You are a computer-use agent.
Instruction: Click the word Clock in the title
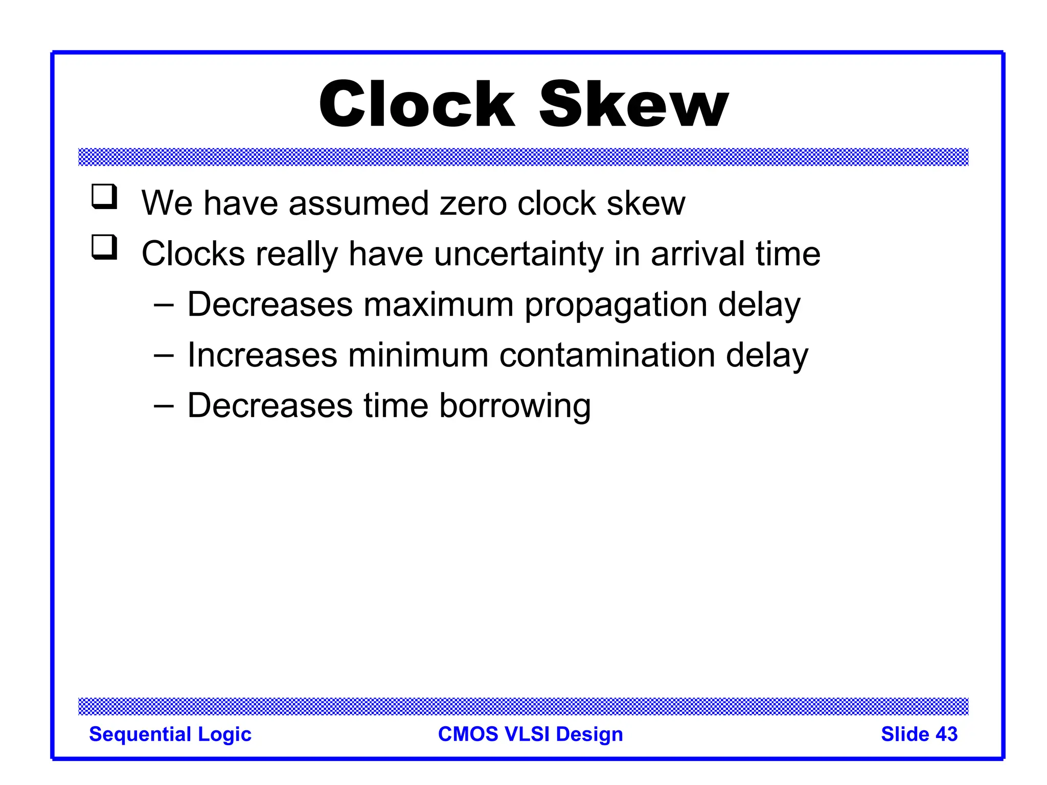(417, 105)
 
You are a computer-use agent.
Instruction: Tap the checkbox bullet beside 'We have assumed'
(104, 197)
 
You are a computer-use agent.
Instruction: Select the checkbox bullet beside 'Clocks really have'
(104, 247)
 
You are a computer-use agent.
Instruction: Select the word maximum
(438, 305)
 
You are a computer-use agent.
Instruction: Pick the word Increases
(262, 355)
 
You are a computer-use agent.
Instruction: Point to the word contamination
(607, 355)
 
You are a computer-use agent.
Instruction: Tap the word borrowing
(515, 406)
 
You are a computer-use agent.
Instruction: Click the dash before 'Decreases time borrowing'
(164, 406)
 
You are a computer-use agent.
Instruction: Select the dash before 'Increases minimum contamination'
(164, 356)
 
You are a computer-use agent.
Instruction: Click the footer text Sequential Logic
(170, 734)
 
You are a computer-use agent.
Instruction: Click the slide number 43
(946, 734)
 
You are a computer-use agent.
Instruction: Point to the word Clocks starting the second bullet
(193, 254)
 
